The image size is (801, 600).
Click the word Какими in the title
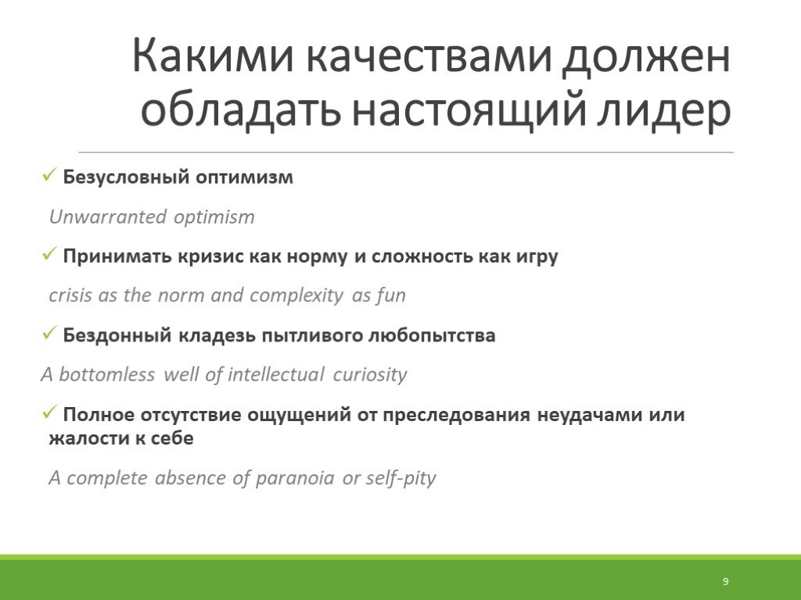click(x=214, y=55)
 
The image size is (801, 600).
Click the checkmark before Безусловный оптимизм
click(x=49, y=176)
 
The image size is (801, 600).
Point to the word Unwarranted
click(x=108, y=217)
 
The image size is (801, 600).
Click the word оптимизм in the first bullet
click(x=244, y=177)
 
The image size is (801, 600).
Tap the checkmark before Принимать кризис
click(x=49, y=254)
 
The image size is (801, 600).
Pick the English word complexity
click(x=296, y=296)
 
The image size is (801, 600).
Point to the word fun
click(x=391, y=295)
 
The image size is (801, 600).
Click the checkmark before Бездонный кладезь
click(x=49, y=334)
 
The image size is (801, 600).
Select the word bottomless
click(x=106, y=374)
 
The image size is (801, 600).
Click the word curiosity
click(x=370, y=374)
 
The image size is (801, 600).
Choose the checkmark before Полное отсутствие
click(x=49, y=412)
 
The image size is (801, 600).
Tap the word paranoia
click(x=295, y=479)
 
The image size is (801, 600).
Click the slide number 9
click(x=725, y=581)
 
